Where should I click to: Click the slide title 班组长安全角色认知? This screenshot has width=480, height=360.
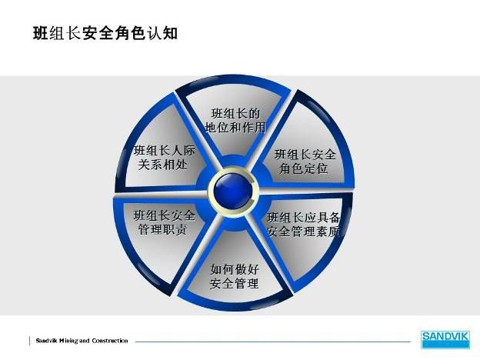point(105,33)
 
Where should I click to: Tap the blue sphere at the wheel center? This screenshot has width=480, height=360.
point(233,191)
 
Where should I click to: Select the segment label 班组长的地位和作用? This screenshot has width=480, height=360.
point(235,120)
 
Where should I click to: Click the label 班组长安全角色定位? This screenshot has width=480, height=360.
point(305,162)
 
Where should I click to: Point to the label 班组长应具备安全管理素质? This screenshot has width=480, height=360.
point(304,225)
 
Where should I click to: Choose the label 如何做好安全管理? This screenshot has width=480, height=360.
point(235,276)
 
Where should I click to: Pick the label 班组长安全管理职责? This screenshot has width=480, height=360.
point(164,222)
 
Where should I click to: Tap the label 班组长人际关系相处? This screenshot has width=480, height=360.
point(164,158)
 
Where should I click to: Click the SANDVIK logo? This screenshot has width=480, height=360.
point(445,339)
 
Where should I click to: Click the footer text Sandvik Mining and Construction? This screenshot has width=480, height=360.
point(82,341)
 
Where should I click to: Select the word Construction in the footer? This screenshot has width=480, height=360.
point(110,341)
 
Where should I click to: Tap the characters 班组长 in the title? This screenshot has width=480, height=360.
point(57,33)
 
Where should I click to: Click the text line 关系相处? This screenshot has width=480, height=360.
point(162,165)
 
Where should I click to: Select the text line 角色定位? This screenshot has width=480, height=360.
point(303,168)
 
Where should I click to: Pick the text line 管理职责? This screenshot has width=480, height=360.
point(162,229)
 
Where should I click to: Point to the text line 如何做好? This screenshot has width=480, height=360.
point(235,269)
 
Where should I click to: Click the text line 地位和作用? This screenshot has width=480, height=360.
point(235,128)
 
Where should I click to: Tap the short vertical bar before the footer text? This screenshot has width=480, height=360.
point(30,341)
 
